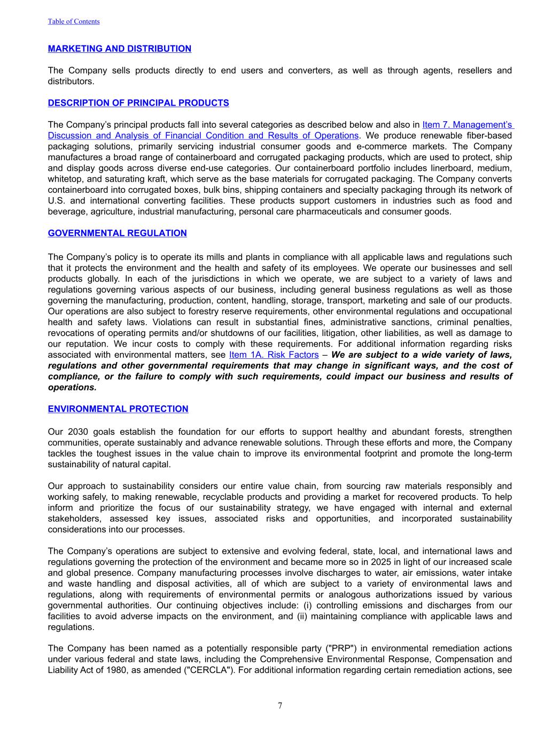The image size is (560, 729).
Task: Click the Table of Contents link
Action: click(x=74, y=21)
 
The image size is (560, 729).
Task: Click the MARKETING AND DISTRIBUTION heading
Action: click(x=119, y=49)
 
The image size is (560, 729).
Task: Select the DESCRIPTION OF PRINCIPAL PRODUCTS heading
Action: click(x=138, y=103)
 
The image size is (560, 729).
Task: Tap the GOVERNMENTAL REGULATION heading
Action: click(x=117, y=233)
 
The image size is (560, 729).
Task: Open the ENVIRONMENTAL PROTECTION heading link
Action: click(x=118, y=409)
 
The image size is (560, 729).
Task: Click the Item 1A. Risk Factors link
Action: click(x=274, y=355)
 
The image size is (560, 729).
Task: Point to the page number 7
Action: click(x=280, y=706)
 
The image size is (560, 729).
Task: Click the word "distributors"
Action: click(x=70, y=82)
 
